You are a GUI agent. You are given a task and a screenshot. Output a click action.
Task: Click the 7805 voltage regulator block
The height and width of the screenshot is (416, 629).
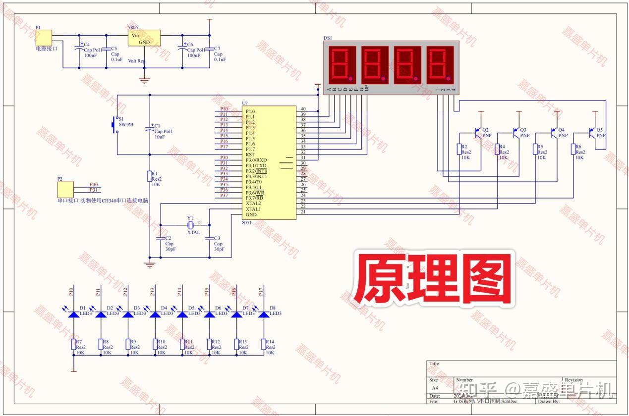click(144, 38)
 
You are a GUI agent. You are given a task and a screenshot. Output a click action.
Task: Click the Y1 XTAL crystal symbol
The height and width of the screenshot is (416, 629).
click(190, 225)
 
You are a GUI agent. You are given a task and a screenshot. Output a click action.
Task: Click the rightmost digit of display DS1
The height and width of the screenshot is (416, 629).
click(440, 64)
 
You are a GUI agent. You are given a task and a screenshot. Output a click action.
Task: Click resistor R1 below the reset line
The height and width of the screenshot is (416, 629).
click(150, 176)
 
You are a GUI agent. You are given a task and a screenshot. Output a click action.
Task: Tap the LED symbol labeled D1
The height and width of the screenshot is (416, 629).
click(74, 313)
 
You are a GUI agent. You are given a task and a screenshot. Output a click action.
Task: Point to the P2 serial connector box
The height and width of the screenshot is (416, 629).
click(65, 189)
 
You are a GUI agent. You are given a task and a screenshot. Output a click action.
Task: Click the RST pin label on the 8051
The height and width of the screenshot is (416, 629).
click(250, 155)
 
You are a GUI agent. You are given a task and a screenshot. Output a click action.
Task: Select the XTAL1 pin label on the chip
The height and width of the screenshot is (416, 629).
click(253, 209)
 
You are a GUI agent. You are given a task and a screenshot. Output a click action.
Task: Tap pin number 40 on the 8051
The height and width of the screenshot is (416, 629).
click(303, 109)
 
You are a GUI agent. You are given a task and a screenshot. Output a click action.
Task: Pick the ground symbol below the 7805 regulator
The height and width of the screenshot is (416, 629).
click(144, 81)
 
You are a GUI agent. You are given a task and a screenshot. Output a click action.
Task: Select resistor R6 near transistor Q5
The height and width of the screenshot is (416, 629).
click(572, 149)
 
